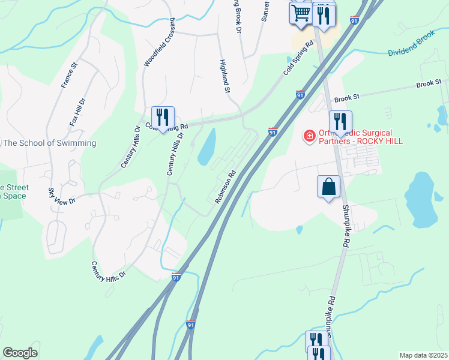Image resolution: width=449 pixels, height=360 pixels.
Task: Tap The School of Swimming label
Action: coord(49,143)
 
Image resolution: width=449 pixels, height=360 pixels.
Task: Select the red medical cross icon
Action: coord(310,137)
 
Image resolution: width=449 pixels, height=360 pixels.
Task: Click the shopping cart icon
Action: coord(301,13)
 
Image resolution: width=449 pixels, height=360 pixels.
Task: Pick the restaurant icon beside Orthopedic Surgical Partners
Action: coord(340,122)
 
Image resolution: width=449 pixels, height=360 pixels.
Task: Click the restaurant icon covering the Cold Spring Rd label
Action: coord(163,117)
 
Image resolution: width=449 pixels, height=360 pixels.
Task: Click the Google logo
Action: coord(20,353)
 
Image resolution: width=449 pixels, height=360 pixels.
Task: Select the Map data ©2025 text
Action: coord(423,355)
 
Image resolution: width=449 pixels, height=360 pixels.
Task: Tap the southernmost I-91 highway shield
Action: coord(191,325)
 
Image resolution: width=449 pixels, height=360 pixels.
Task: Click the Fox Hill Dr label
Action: coord(77,112)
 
